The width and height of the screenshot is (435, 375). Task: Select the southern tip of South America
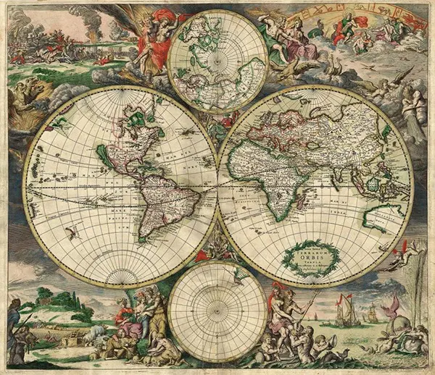[145, 237]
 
